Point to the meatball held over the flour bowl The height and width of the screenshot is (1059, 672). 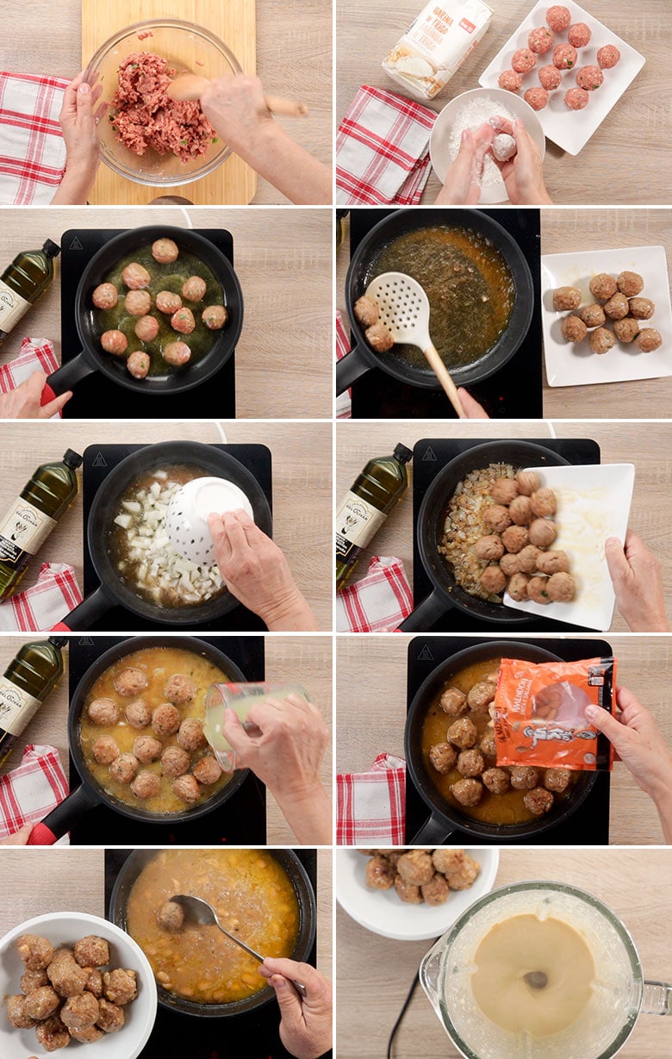pyautogui.click(x=504, y=146)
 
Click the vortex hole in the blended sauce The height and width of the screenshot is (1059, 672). pyautogui.click(x=535, y=979)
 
